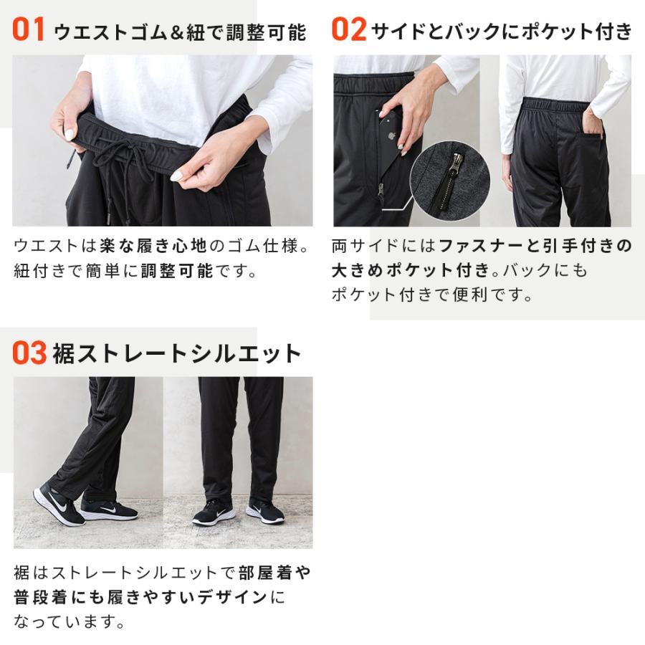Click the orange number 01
click(x=29, y=31)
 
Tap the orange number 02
click(x=349, y=31)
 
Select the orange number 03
click(x=29, y=353)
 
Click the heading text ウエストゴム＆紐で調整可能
click(x=180, y=32)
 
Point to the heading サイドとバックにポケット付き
click(x=502, y=32)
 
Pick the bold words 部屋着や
click(x=276, y=573)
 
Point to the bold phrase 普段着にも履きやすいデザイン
click(x=140, y=597)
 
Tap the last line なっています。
click(x=69, y=620)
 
